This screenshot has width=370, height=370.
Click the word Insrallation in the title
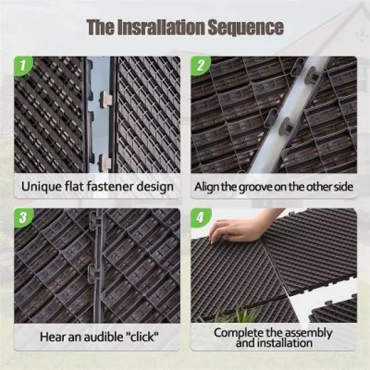160,27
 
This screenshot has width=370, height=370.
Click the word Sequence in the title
246,27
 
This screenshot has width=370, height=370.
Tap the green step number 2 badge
200,65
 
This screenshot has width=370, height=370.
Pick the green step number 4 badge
200,217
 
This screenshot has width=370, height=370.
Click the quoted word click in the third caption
141,337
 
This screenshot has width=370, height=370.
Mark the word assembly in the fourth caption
309,332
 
